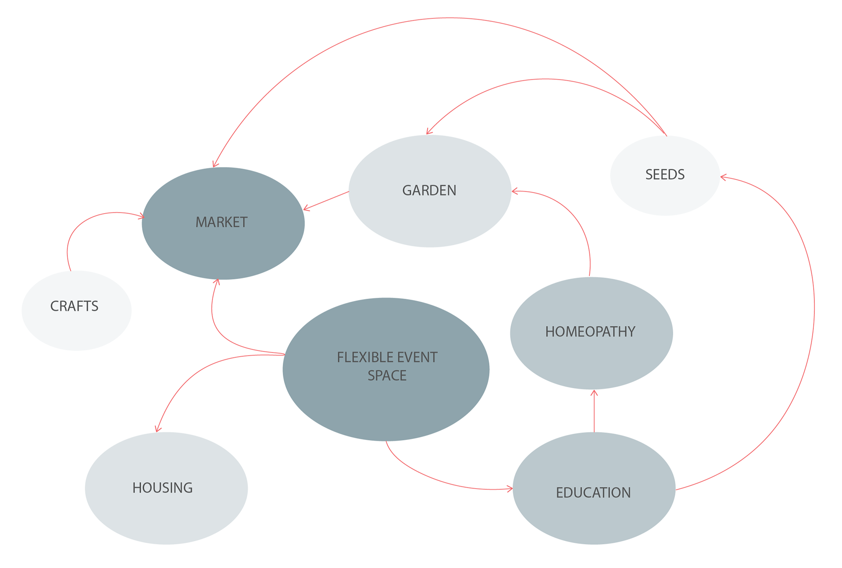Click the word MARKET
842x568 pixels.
pyautogui.click(x=221, y=222)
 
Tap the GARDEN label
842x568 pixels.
pyautogui.click(x=429, y=190)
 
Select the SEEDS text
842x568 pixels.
pyautogui.click(x=665, y=175)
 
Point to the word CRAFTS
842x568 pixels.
pyautogui.click(x=74, y=306)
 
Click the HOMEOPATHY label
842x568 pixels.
pyautogui.click(x=590, y=332)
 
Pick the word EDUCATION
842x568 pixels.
pyautogui.click(x=593, y=493)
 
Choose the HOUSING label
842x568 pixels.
pyautogui.click(x=163, y=488)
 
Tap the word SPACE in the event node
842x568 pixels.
pyautogui.click(x=387, y=376)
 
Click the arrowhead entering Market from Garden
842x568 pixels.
pyautogui.click(x=305, y=209)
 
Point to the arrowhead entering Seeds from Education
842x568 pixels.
pyautogui.click(x=722, y=177)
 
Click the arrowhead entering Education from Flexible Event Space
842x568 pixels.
pyautogui.click(x=511, y=489)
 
